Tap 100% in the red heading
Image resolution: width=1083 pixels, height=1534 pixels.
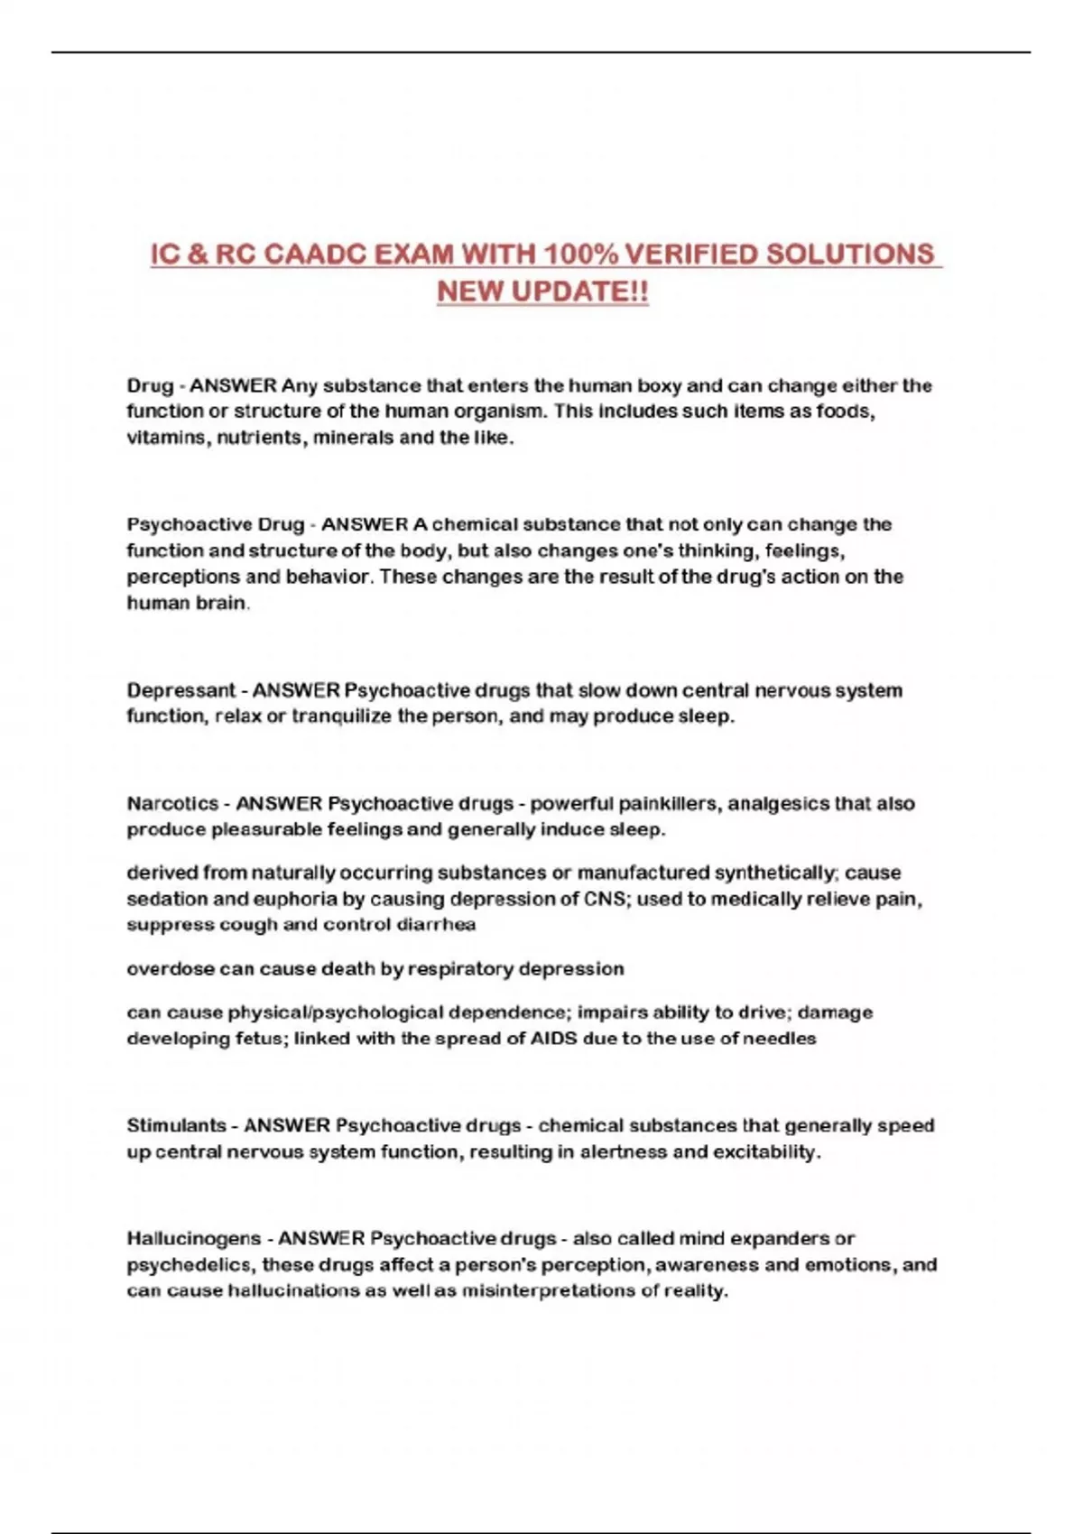click(581, 254)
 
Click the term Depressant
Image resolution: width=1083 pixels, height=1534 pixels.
click(180, 691)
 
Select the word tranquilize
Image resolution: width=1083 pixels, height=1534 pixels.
click(342, 717)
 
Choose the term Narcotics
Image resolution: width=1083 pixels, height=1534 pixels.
click(172, 804)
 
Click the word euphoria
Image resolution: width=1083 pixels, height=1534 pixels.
click(264, 900)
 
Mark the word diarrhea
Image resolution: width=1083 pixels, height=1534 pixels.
click(436, 925)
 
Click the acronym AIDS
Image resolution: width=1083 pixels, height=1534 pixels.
click(553, 1039)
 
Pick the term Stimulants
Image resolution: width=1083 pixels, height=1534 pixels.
click(176, 1126)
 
